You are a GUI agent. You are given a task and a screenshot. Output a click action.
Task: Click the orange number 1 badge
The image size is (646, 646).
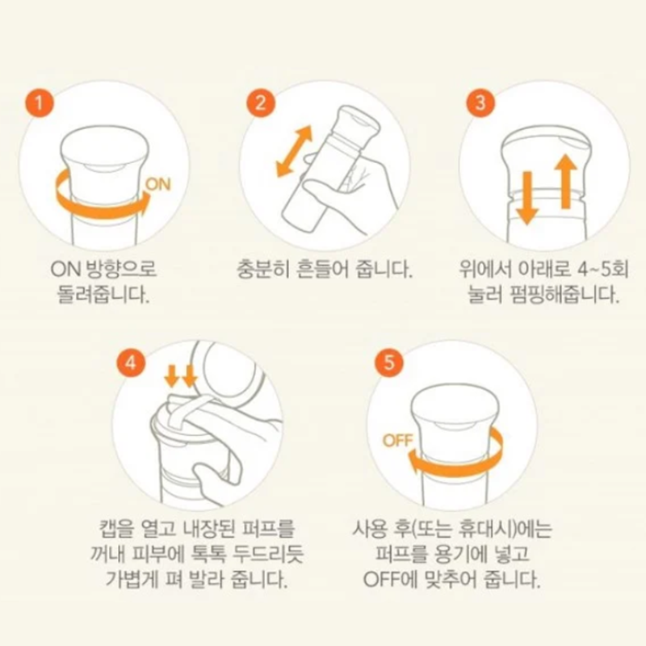(39, 103)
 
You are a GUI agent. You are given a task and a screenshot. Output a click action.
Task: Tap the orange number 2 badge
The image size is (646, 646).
(261, 103)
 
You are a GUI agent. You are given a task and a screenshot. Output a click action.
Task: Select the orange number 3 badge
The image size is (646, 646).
(480, 103)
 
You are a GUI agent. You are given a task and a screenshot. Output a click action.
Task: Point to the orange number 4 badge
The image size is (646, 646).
(131, 363)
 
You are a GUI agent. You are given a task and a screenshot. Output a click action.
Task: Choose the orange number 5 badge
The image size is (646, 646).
(389, 363)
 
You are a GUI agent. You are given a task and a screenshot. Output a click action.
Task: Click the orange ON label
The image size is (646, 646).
(157, 184)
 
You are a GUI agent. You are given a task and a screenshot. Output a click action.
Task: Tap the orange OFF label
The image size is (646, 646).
(397, 440)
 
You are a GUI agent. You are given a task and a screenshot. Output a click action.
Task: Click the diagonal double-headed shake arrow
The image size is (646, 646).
(294, 152)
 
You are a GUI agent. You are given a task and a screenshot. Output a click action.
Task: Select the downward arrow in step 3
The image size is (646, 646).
(527, 199)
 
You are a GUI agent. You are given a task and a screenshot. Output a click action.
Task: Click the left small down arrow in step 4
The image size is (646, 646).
(171, 375)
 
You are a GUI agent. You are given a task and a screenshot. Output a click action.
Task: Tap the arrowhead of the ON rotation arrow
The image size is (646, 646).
(142, 204)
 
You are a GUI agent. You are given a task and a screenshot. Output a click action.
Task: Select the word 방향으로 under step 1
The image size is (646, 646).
(122, 270)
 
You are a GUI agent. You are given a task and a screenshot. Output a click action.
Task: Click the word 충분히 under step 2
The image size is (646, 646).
(262, 270)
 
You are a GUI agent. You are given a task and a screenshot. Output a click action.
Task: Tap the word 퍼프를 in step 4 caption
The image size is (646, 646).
(270, 529)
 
